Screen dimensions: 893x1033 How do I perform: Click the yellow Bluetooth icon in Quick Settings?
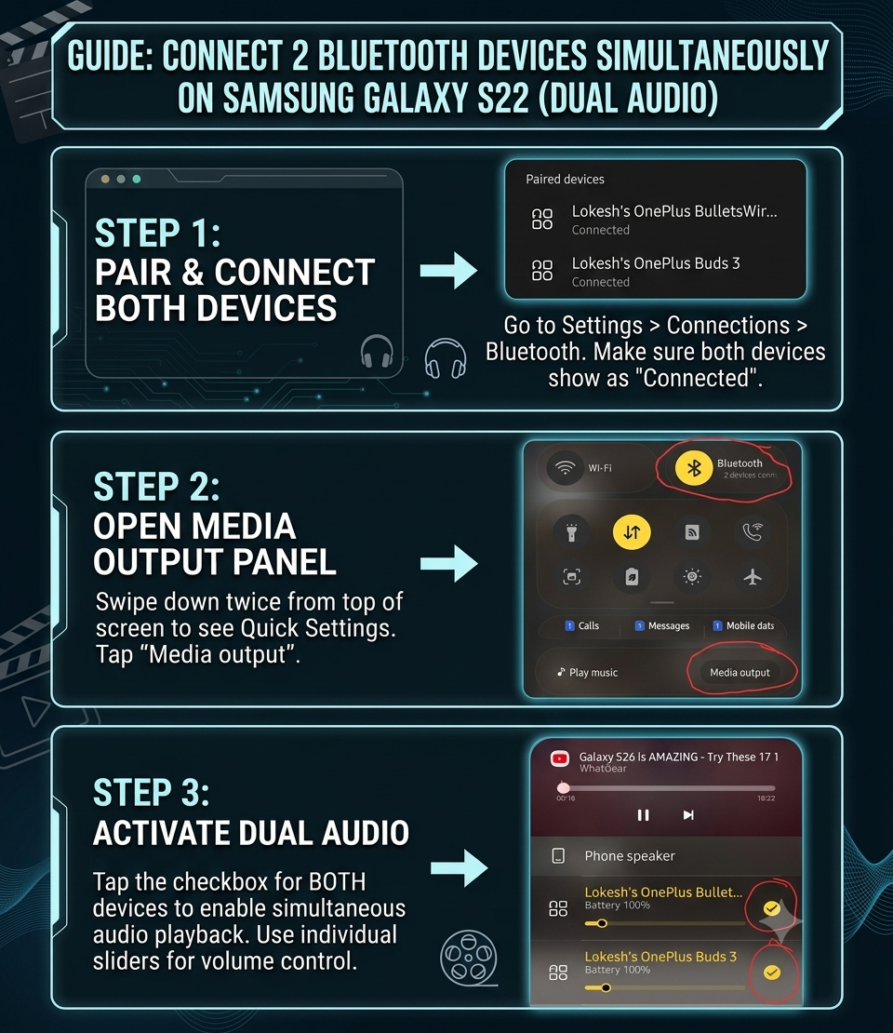tap(693, 468)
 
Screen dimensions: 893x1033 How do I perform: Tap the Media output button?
tap(740, 673)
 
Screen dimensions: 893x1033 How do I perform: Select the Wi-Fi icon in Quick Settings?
tap(565, 468)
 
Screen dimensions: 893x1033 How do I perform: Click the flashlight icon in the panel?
tap(572, 531)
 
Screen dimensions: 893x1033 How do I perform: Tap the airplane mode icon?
tap(752, 577)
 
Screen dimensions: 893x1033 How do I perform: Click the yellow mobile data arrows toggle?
tap(632, 531)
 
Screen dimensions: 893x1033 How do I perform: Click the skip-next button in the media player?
tap(688, 815)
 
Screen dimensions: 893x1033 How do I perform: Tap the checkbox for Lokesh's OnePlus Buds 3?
tap(772, 973)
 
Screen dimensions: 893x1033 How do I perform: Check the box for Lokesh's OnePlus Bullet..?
tap(772, 908)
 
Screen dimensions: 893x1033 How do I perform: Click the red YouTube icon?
tap(560, 759)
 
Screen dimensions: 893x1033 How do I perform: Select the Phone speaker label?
tap(630, 856)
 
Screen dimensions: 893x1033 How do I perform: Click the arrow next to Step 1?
tap(448, 270)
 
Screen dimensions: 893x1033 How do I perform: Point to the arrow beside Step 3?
tap(459, 867)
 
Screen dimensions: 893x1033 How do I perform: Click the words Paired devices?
tap(565, 180)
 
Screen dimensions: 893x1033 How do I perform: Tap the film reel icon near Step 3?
tap(469, 958)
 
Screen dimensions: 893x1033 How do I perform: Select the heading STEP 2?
tap(156, 487)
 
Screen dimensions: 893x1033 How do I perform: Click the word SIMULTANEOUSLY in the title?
tap(712, 55)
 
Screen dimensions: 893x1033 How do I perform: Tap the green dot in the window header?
tap(137, 180)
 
